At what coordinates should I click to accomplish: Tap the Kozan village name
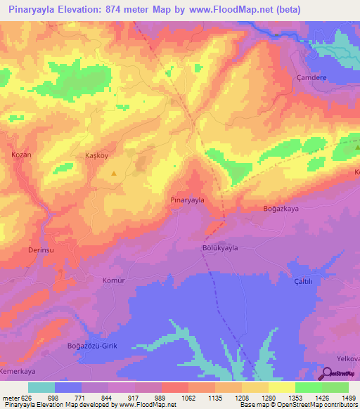(x=22, y=154)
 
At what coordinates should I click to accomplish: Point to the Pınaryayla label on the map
(x=188, y=200)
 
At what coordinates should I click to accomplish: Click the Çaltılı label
(x=307, y=282)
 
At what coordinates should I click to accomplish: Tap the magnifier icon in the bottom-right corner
(x=328, y=374)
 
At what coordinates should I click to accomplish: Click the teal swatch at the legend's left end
(x=41, y=387)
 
